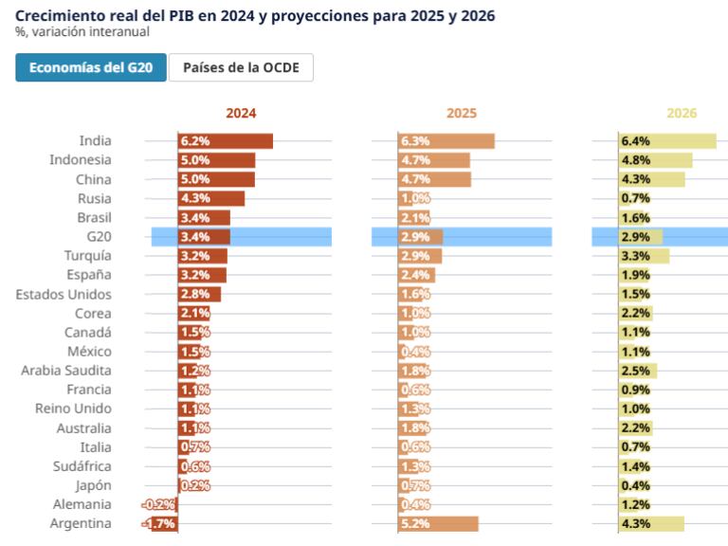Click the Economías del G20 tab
click(x=91, y=68)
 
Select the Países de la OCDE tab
click(x=241, y=68)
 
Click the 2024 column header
click(x=241, y=114)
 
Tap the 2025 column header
click(x=462, y=114)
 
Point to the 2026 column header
click(x=682, y=114)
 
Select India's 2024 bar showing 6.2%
click(x=226, y=141)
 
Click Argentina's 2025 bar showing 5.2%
click(x=438, y=524)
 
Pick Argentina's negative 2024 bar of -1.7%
click(x=164, y=524)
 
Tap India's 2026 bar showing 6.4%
click(x=667, y=141)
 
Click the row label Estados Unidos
click(x=64, y=294)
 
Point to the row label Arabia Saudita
click(x=66, y=371)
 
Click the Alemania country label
click(x=82, y=504)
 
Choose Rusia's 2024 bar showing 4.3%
click(x=211, y=198)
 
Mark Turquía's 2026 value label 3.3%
click(x=635, y=256)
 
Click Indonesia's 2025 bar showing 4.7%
click(x=434, y=160)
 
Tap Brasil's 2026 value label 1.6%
click(x=635, y=218)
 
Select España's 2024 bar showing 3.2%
click(x=203, y=275)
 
